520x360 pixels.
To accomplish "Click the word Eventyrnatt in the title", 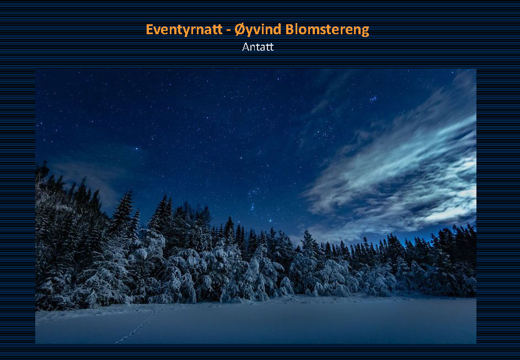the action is point(184,30).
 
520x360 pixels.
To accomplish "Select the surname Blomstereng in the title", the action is point(328,30).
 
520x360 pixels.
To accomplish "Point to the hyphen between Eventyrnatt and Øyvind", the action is point(228,30).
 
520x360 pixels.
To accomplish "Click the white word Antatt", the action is point(258,47).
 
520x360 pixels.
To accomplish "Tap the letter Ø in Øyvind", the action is point(240,29).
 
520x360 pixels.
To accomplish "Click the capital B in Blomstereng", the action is point(290,29).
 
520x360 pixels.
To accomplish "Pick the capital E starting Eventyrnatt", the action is point(149,29).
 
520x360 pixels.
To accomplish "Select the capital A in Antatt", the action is point(246,47).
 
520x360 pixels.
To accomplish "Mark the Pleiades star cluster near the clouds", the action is point(373,99).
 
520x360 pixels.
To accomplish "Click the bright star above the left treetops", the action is point(136,149).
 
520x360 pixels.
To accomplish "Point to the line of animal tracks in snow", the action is point(137,326).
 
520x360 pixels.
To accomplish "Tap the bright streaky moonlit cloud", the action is point(405,169).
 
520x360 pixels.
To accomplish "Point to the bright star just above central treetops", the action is point(270,221).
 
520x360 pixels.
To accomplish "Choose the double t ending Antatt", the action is point(270,47).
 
